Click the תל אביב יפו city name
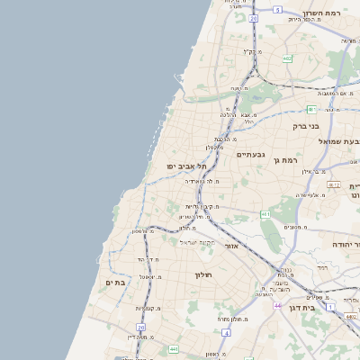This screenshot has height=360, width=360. [186, 166]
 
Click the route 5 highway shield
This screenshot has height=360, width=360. [278, 10]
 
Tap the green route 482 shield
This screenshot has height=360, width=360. [286, 58]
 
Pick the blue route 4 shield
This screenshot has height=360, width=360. [227, 333]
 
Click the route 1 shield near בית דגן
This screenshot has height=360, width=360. [330, 307]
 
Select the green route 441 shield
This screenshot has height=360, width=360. [265, 214]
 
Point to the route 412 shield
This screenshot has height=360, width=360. [334, 184]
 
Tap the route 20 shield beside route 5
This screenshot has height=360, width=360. [254, 18]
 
